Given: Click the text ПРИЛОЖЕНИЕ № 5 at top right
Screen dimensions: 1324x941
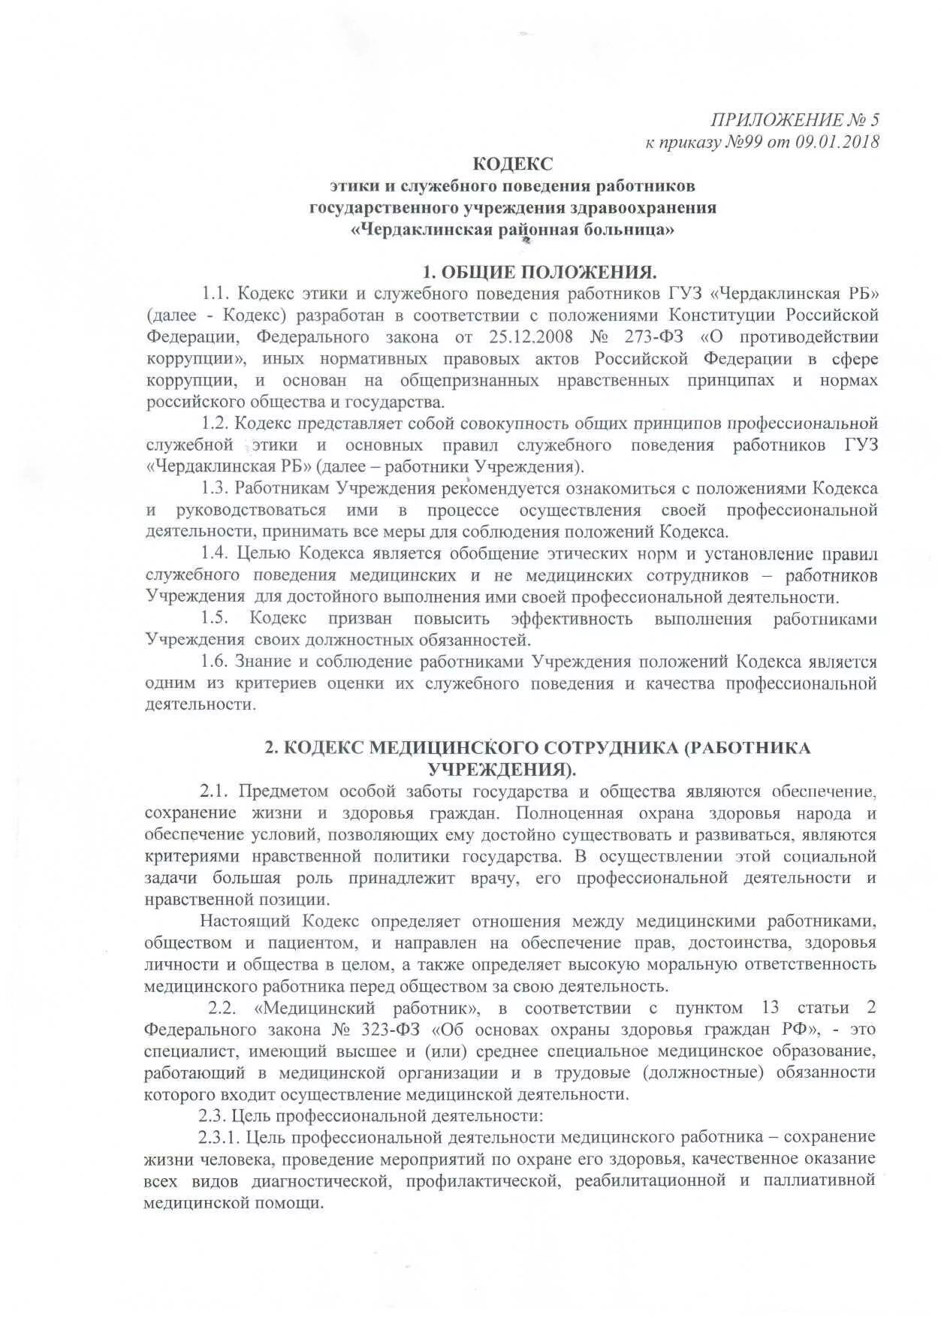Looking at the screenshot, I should [795, 119].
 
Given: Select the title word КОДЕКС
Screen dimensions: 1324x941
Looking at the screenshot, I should [513, 164].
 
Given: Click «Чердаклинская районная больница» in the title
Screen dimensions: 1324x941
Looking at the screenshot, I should [513, 229].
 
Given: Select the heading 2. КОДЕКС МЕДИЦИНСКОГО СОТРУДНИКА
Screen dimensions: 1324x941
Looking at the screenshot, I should [536, 748].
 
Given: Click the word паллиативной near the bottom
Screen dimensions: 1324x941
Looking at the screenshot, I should [819, 1181].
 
